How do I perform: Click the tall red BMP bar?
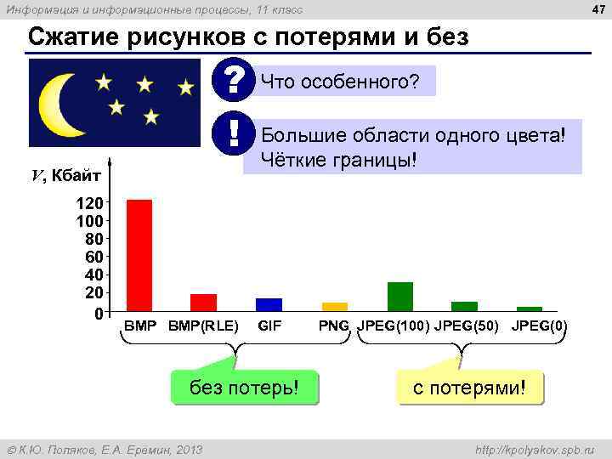coord(139,255)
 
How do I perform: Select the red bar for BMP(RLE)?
coord(203,303)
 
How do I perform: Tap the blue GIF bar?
coord(269,304)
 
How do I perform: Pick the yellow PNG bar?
coord(335,306)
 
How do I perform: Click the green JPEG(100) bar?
coord(400,297)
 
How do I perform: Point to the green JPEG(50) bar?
coord(465,306)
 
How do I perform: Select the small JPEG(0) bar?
coord(530,309)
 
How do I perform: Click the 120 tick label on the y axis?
coord(88,203)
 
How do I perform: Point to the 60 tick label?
coord(93,257)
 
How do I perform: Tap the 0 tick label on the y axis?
coord(98,314)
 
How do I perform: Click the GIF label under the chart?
coord(269,326)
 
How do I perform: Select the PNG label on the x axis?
coord(334,326)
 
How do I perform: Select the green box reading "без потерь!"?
coord(244,388)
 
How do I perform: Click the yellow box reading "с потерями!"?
coord(470,388)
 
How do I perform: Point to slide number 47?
coord(596,9)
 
